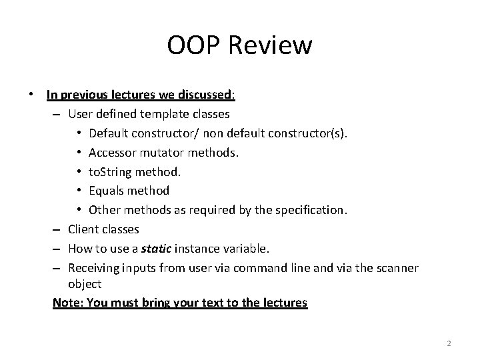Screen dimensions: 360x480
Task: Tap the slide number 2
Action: tap(449, 343)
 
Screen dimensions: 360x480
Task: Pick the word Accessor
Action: tap(113, 153)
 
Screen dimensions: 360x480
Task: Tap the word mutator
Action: tap(164, 153)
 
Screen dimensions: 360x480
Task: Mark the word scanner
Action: tap(396, 268)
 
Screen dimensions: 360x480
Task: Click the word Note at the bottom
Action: tap(65, 302)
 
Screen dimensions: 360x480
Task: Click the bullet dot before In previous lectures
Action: tap(31, 95)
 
